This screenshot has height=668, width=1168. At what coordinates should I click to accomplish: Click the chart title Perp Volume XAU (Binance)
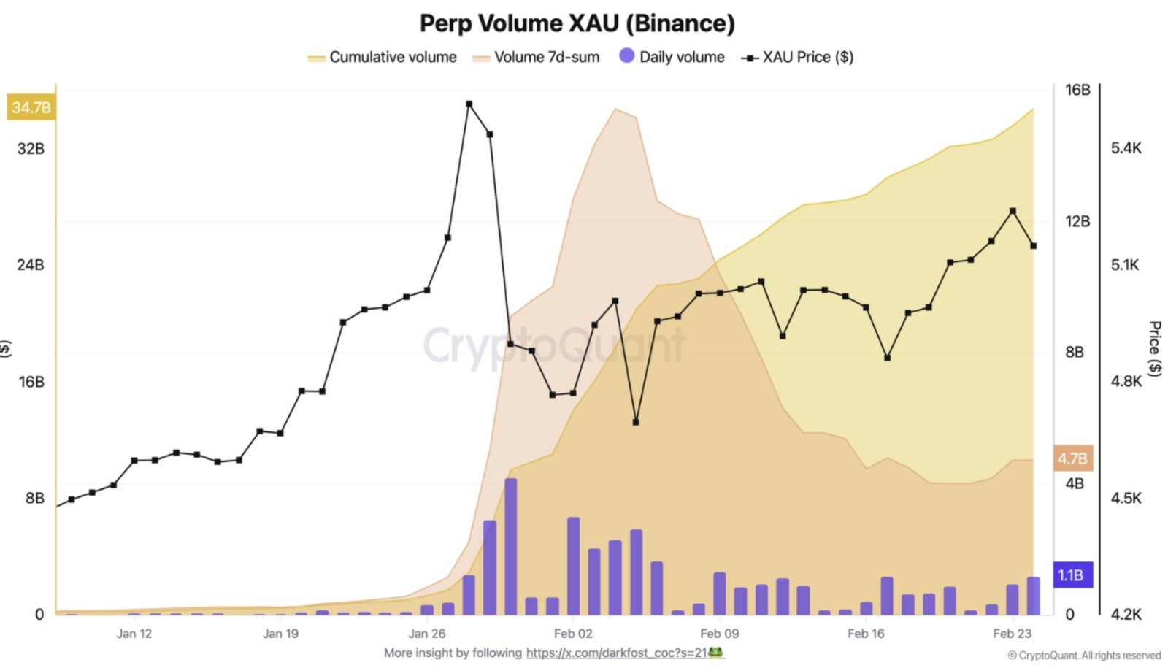tap(577, 23)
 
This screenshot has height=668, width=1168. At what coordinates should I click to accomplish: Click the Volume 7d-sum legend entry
tap(537, 57)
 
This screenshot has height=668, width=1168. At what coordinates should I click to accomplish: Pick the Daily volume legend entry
tap(672, 57)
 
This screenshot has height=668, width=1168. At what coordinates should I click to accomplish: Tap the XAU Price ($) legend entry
tap(798, 57)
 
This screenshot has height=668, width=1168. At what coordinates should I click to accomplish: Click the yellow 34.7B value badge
tap(31, 107)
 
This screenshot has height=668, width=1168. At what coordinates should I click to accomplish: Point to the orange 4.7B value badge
tap(1072, 458)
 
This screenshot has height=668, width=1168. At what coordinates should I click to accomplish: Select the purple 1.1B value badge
tap(1071, 575)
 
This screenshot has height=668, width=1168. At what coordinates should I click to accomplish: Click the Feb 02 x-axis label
tap(573, 634)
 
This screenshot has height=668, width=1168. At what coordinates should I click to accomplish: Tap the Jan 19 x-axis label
tap(280, 634)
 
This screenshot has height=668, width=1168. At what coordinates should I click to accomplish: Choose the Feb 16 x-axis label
tap(866, 634)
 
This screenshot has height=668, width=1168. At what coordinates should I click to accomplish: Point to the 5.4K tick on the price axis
tap(1126, 148)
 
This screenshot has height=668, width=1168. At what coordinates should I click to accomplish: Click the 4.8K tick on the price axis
tap(1126, 381)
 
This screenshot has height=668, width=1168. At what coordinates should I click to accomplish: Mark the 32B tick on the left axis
tap(31, 148)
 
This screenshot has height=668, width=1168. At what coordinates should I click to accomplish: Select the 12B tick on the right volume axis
tap(1077, 221)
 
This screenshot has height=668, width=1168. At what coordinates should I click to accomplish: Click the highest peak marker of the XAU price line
tap(469, 104)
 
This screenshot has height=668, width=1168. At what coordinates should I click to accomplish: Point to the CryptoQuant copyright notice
tap(1084, 656)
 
